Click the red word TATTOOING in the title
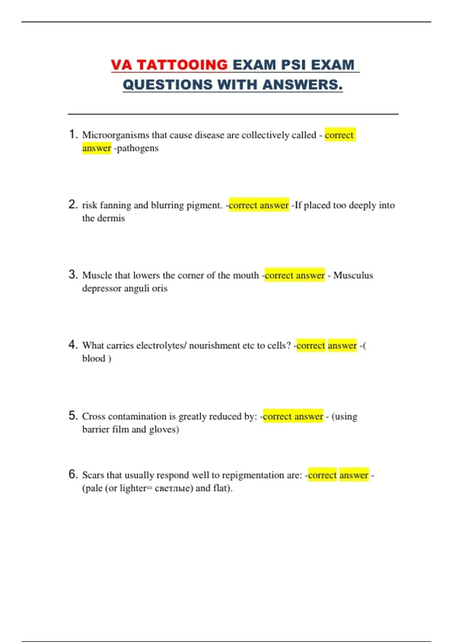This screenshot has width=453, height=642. (x=182, y=65)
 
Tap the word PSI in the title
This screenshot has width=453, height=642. (x=293, y=65)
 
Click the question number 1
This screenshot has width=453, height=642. (x=73, y=134)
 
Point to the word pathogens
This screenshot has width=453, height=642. (x=138, y=148)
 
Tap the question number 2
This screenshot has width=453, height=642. (x=73, y=204)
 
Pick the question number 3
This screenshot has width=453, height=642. (x=73, y=274)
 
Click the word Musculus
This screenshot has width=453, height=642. (x=353, y=275)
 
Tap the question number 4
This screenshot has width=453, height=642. (x=73, y=344)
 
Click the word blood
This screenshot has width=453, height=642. (x=94, y=358)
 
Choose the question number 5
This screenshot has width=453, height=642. (x=73, y=415)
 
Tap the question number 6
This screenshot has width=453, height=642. (x=73, y=474)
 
